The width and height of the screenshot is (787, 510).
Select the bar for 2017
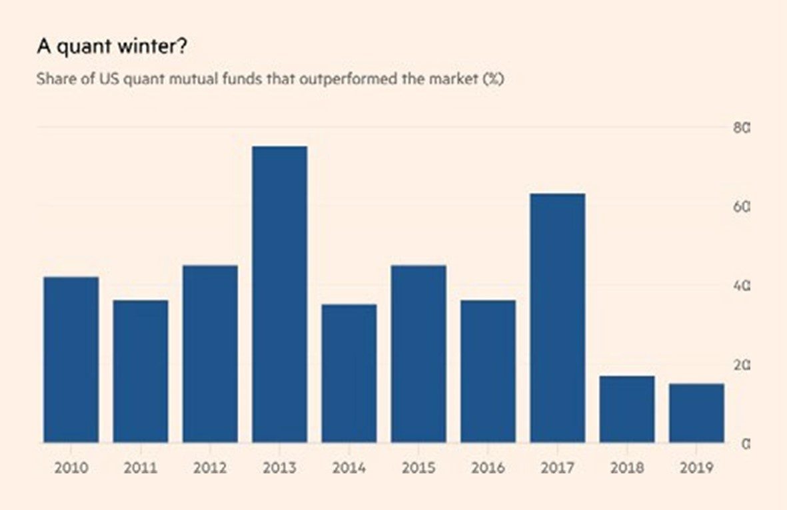pos(558,318)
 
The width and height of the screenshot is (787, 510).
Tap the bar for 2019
pos(696,413)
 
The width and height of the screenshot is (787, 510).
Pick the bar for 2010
pos(71,360)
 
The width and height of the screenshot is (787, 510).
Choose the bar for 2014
pos(349,374)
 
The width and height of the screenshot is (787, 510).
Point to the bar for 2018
pos(627,409)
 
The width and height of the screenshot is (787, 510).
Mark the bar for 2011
pos(141,372)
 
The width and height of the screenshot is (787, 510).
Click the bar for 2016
pos(488,372)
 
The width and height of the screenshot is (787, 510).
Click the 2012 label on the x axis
pos(210,468)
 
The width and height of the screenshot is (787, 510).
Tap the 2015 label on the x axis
pos(418,468)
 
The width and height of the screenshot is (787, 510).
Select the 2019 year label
pos(696,468)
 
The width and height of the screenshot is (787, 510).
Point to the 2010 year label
pos(71,468)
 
